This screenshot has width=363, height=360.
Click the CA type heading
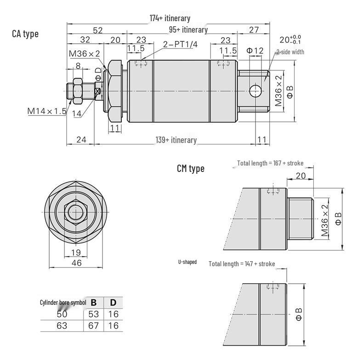(x=25, y=34)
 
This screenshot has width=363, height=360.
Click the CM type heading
(x=191, y=168)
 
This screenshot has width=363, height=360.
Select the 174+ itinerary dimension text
(x=170, y=18)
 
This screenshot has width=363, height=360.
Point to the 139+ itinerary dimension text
(x=176, y=140)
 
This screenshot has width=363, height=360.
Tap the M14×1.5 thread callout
(x=47, y=111)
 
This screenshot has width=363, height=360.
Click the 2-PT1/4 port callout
(x=180, y=44)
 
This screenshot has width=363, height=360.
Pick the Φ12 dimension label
(x=255, y=51)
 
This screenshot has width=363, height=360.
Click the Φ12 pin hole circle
(x=255, y=91)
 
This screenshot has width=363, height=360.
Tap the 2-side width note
(x=290, y=52)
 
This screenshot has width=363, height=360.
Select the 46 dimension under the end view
(x=77, y=263)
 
